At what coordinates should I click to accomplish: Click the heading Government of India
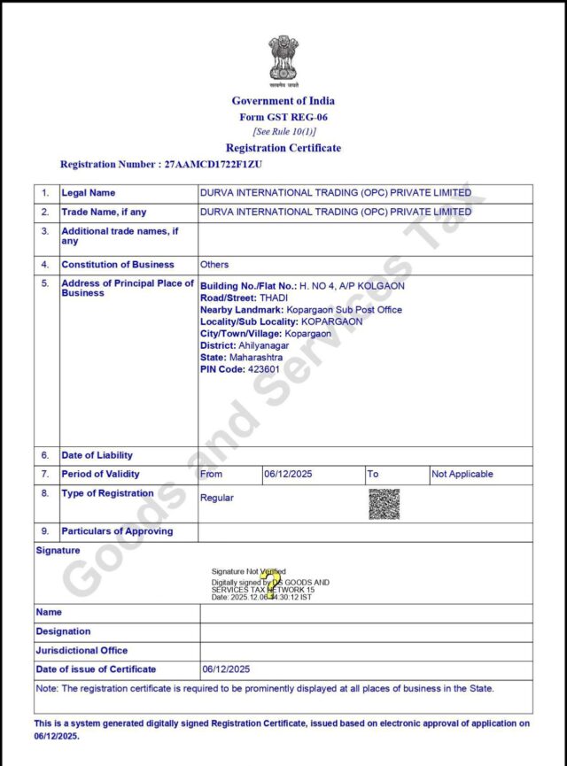[283, 101]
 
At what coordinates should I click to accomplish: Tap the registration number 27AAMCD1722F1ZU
[213, 165]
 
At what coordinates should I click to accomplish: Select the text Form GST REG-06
[283, 117]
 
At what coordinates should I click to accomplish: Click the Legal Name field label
[89, 193]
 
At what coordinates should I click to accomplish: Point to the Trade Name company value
[336, 213]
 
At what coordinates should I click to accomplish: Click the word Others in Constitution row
[214, 265]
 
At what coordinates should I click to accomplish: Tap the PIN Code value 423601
[266, 368]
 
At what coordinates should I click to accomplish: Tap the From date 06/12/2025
[287, 475]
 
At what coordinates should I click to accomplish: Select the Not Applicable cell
[462, 475]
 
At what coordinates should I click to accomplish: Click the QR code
[384, 504]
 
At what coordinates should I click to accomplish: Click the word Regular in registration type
[217, 498]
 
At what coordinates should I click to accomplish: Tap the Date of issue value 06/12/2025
[227, 669]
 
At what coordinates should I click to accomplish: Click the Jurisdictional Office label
[82, 651]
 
